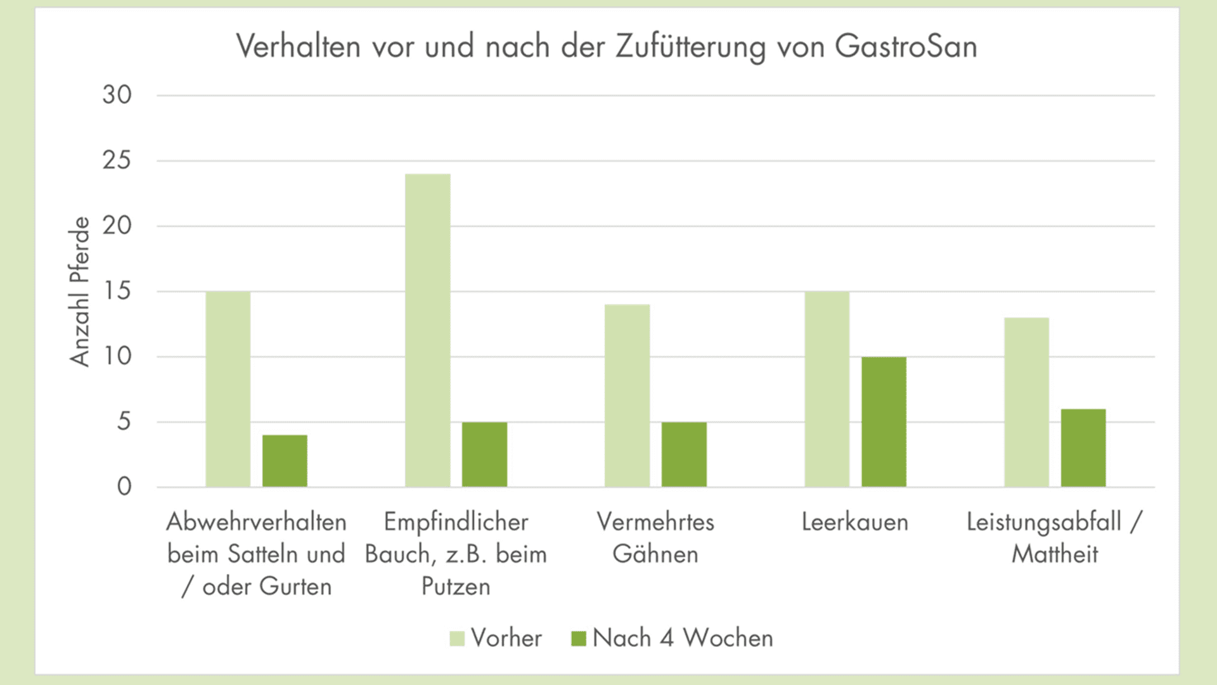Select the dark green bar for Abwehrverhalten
(x=285, y=461)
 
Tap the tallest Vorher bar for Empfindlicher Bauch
(x=428, y=330)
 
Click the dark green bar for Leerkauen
(x=884, y=422)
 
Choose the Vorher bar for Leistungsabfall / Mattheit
(x=1027, y=402)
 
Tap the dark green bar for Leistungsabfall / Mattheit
(x=1083, y=448)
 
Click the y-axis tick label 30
(x=117, y=95)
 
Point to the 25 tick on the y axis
(x=117, y=160)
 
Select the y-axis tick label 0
(x=124, y=486)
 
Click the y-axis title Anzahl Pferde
(x=80, y=292)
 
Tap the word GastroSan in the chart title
(x=906, y=46)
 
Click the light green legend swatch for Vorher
(x=457, y=638)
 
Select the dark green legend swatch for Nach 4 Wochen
(x=579, y=638)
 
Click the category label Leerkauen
(x=854, y=522)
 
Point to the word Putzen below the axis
(x=456, y=587)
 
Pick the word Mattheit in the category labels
(x=1055, y=554)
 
